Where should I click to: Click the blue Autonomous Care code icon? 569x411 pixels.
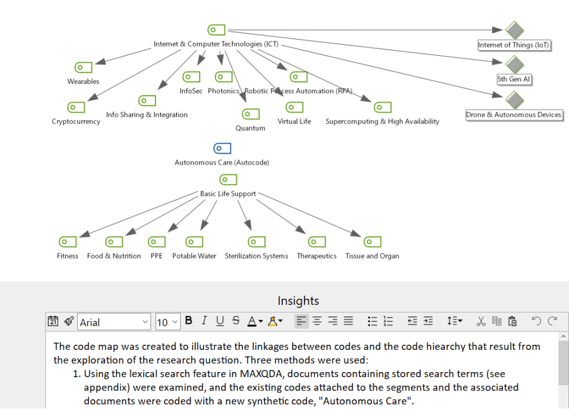[222, 148]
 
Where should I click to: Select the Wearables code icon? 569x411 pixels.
[83, 67]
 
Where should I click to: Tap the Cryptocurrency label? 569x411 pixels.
[76, 121]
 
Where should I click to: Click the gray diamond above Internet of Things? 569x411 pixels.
[515, 30]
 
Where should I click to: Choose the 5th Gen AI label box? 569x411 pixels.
[514, 80]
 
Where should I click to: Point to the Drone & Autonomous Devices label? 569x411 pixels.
[514, 115]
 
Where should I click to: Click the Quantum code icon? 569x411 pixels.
[251, 114]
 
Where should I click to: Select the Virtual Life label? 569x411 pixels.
[295, 121]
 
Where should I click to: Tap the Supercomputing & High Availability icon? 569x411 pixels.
[382, 107]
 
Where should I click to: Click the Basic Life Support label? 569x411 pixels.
[228, 194]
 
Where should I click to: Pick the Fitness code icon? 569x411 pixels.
[68, 242]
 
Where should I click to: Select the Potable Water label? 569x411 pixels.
[194, 256]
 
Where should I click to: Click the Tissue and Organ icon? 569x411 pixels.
[372, 242]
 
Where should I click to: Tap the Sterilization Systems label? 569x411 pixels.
[256, 256]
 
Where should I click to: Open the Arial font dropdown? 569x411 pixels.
[114, 322]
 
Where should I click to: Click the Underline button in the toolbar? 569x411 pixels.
[220, 321]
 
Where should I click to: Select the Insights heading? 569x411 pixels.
[298, 301]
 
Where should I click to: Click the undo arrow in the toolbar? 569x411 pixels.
[536, 321]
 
